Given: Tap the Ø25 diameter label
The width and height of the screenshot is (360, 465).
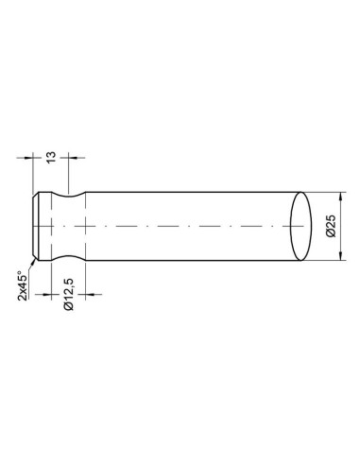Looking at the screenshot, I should [330, 227].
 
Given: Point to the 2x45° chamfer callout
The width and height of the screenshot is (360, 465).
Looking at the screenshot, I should [21, 284].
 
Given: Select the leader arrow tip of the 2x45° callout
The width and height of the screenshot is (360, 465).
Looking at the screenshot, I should [35, 257].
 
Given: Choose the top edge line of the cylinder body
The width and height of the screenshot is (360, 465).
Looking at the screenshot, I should [189, 192].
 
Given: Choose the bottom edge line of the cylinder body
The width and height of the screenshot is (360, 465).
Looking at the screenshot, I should [189, 262].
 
